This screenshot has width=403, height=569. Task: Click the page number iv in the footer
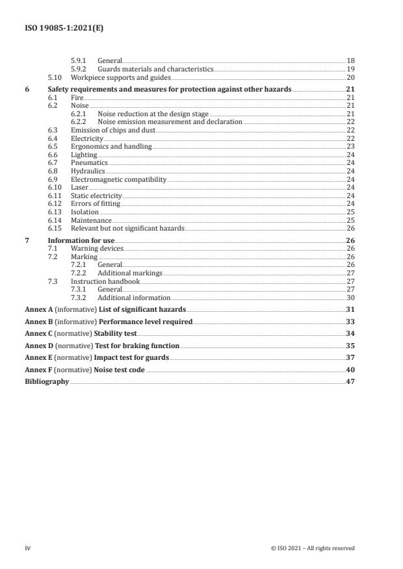tap(28, 548)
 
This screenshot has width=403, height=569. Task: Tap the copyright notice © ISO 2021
tap(313, 548)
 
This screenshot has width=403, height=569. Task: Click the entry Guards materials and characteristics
tap(155, 68)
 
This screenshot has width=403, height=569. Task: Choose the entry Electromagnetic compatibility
tap(118, 179)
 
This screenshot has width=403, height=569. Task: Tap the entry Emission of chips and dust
tap(113, 130)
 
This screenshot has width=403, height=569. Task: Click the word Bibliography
tap(46, 382)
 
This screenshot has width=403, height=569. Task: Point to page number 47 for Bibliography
tap(350, 382)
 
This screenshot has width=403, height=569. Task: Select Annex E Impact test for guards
tap(96, 357)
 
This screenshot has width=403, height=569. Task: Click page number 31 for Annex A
tap(350, 309)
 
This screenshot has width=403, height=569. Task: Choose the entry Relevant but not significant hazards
tap(127, 228)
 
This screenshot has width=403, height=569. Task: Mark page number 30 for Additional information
tap(350, 297)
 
